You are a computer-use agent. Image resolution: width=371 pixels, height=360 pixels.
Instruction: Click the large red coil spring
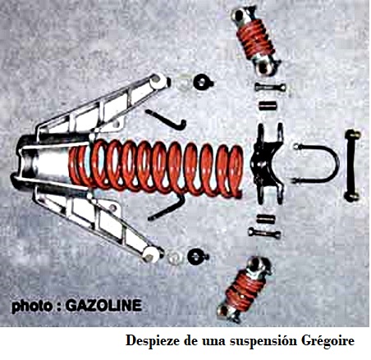156,167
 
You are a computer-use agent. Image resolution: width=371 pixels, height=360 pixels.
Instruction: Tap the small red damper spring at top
255,39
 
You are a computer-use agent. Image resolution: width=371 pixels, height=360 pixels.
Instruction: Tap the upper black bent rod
167,119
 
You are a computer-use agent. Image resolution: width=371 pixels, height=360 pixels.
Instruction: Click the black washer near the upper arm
203,82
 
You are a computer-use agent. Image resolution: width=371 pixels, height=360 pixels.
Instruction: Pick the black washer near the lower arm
198,257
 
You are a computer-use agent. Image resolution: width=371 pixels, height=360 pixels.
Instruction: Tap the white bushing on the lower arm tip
151,254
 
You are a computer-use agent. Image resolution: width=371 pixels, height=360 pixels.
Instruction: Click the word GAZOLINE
104,305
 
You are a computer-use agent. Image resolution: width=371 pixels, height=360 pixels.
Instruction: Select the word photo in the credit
32,306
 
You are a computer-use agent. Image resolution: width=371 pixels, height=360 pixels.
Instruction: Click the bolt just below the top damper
270,87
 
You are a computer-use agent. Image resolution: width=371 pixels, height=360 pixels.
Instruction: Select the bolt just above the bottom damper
264,233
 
